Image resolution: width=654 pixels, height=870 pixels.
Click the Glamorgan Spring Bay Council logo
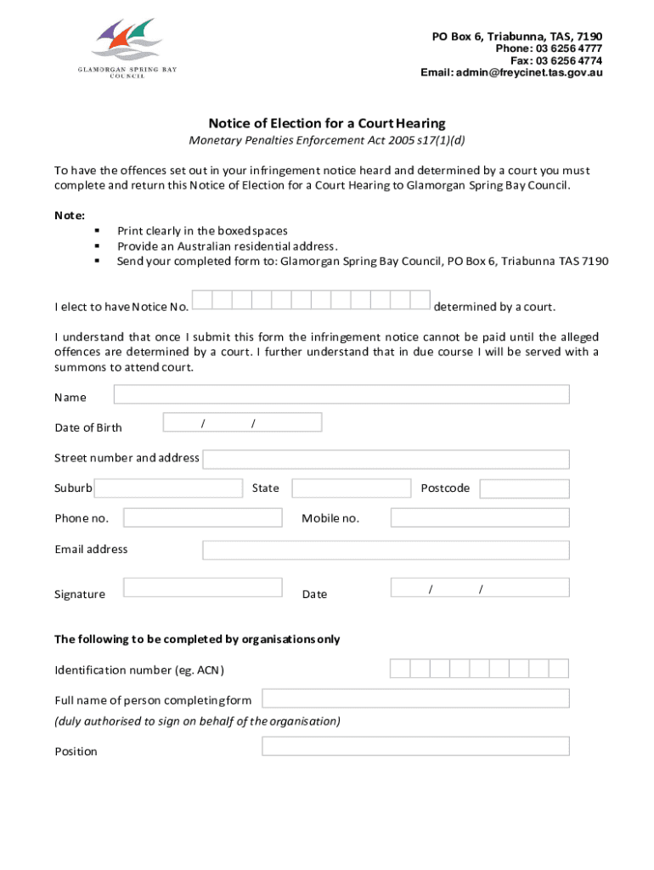click(128, 47)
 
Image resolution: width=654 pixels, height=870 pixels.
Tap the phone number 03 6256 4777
click(568, 49)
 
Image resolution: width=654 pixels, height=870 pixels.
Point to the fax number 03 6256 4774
click(568, 61)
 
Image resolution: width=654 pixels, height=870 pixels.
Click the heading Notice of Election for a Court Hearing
click(327, 123)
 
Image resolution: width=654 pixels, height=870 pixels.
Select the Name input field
click(341, 394)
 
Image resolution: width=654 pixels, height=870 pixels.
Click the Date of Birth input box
click(242, 422)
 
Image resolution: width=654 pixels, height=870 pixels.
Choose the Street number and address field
click(386, 459)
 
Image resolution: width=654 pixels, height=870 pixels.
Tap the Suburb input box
click(168, 489)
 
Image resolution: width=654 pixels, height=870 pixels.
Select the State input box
click(351, 489)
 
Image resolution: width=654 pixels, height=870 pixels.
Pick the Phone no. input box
click(203, 517)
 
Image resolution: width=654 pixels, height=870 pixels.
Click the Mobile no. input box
click(480, 517)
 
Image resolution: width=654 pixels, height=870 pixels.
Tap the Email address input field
click(386, 550)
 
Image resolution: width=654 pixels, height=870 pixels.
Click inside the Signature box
click(203, 587)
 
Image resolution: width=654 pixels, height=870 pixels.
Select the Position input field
click(415, 746)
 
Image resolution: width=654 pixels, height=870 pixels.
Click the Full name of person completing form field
click(415, 698)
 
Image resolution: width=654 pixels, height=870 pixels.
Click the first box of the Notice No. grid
click(202, 300)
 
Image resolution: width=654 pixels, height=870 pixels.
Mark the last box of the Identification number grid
click(559, 669)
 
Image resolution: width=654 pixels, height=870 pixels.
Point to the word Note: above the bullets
click(70, 216)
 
